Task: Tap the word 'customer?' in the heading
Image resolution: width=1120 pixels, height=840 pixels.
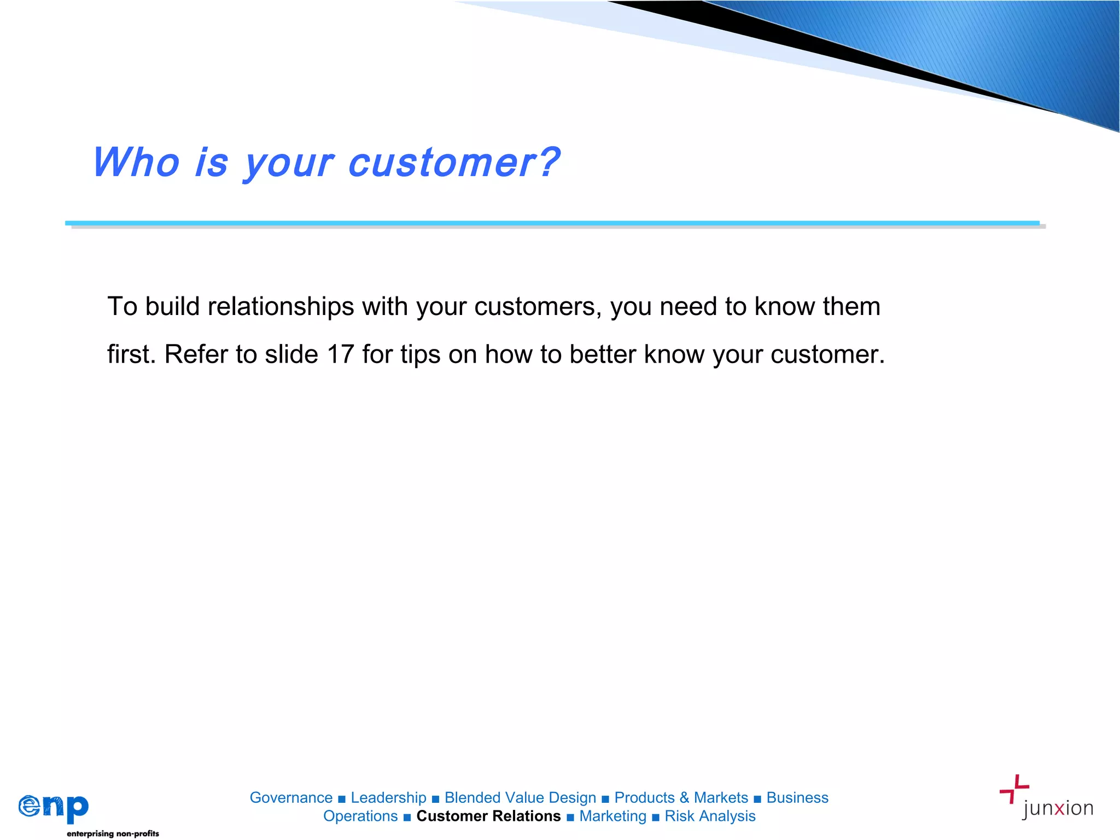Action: point(453,162)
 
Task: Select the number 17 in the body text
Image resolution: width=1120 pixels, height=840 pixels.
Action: point(340,354)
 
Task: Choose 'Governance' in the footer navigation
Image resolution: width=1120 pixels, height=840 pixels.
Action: point(291,798)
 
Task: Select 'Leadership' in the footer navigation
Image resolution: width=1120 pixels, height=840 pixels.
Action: point(388,798)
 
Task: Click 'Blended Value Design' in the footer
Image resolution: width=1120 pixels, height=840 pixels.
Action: point(520,798)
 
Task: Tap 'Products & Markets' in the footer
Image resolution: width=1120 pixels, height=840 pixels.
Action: point(681,798)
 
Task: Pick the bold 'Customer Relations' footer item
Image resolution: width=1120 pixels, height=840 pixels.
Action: point(488,816)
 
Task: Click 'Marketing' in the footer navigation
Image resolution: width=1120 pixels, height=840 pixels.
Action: point(612,816)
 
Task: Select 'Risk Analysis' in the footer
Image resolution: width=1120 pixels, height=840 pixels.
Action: point(710,816)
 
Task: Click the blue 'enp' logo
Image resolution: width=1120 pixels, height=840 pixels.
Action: point(54,807)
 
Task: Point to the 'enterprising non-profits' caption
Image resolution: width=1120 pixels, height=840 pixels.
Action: point(113,833)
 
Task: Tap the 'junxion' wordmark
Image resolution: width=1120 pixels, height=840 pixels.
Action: point(1057,808)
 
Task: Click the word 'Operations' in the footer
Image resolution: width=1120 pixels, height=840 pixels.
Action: point(360,816)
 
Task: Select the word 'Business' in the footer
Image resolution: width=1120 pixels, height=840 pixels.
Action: point(797,798)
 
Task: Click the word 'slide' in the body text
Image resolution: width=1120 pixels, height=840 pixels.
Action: point(291,354)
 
